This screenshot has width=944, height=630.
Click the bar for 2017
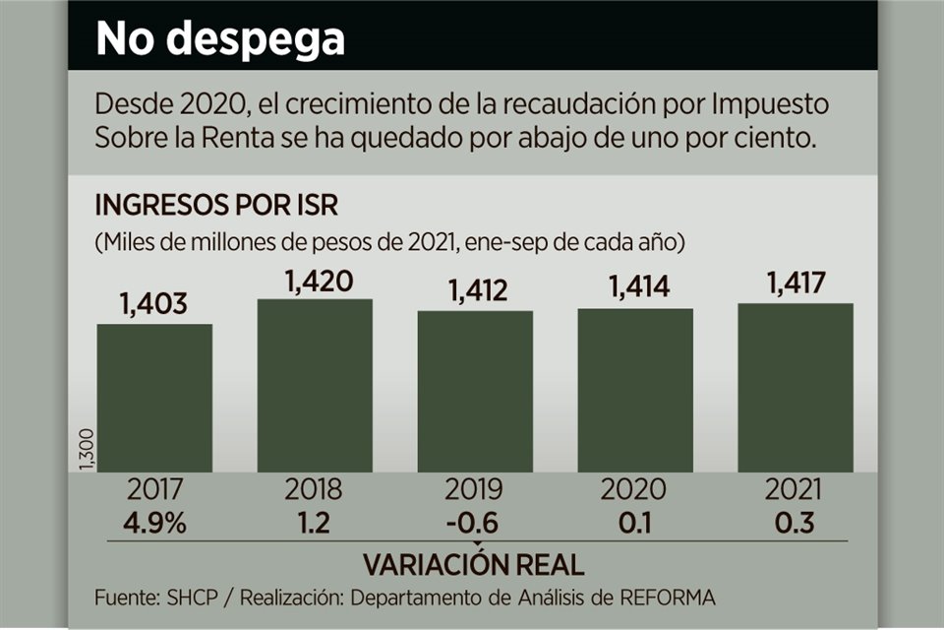tap(154, 399)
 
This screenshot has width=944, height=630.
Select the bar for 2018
tap(315, 386)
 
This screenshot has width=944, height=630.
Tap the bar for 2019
tap(475, 392)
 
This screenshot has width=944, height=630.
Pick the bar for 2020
tap(635, 391)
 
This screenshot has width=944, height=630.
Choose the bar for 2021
tap(796, 388)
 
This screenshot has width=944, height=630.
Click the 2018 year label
tap(315, 490)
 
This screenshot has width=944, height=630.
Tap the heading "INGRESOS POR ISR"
tap(216, 207)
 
